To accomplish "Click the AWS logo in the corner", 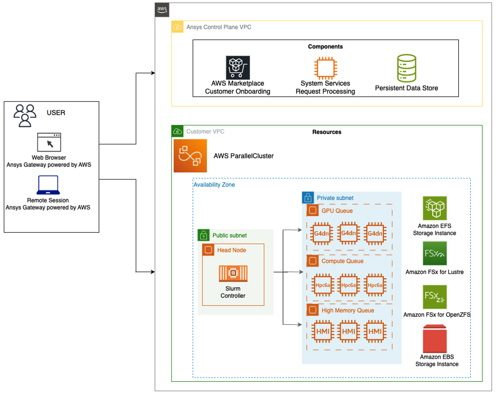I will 162,10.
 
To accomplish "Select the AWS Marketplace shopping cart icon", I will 238,67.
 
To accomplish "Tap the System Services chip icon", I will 325,68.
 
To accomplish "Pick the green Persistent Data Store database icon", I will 406,68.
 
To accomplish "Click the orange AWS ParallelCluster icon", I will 190,156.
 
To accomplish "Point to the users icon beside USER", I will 25,115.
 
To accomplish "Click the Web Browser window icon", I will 49,142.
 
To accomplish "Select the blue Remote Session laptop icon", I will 48,185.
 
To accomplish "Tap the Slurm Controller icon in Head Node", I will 233,273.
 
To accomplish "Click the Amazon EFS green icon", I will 434,208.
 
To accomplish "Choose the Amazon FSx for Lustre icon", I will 434,253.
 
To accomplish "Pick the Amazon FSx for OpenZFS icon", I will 434,297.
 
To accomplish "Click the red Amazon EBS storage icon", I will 434,339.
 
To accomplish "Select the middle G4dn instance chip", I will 348,233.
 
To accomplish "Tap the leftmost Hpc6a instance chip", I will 323,285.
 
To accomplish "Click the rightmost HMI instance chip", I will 375,331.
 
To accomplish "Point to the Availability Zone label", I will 214,185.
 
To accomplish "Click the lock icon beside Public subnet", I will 203,235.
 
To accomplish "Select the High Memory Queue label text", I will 348,311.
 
